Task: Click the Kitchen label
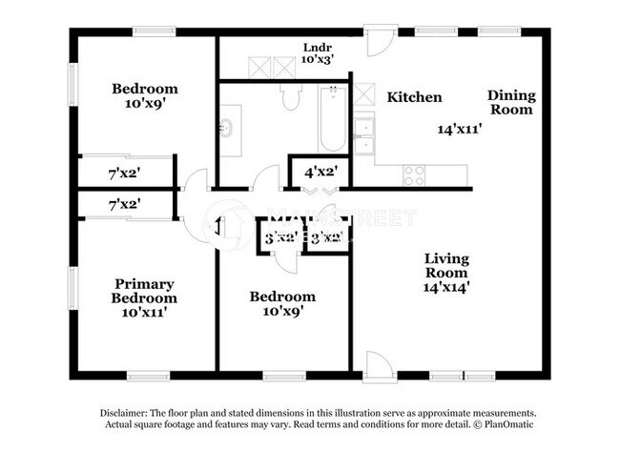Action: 414,97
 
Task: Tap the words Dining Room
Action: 511,102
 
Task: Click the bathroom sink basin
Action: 226,127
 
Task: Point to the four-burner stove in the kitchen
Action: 414,174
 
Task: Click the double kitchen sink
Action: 363,136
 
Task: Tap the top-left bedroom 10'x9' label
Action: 145,97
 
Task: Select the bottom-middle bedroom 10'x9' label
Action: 282,304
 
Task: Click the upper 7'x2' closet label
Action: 125,174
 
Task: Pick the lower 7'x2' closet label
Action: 125,203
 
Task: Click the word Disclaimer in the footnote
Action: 129,413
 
